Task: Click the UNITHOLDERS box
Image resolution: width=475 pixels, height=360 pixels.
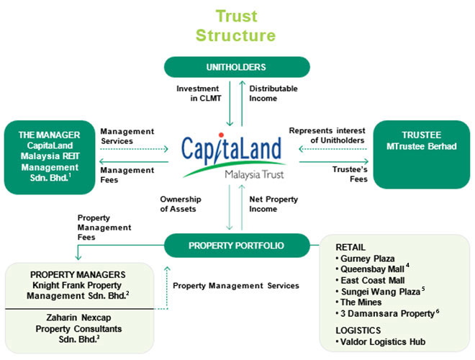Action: click(237, 67)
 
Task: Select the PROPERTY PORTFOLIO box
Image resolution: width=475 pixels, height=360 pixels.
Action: click(237, 246)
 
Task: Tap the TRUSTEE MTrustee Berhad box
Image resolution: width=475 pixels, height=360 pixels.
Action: click(421, 155)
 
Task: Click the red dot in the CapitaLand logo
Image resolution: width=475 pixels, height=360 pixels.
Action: click(221, 135)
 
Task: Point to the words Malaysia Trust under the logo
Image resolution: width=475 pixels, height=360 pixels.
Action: click(254, 175)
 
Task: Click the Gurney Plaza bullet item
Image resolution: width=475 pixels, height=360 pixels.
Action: click(365, 258)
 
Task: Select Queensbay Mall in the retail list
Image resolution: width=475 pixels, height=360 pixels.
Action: click(370, 269)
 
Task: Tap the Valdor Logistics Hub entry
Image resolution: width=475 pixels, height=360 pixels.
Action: click(381, 342)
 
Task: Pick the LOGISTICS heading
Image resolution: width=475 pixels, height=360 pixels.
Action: click(358, 330)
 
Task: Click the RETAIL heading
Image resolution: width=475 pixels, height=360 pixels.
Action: click(350, 247)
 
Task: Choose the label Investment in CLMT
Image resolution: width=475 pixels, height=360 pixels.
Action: click(199, 94)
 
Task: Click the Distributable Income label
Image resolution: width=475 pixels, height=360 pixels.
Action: click(273, 94)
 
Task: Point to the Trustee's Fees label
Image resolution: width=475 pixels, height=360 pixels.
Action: click(350, 174)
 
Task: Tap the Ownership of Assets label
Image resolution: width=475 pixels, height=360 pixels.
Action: click(181, 204)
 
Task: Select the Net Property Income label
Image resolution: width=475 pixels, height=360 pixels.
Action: click(273, 204)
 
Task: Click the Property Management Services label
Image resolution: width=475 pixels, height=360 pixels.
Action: click(235, 286)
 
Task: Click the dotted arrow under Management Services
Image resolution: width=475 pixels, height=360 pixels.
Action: click(134, 149)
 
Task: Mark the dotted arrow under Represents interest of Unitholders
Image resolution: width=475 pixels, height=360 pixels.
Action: click(333, 149)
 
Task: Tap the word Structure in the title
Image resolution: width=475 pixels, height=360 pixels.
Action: click(235, 35)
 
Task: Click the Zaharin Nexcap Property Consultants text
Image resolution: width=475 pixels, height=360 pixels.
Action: click(78, 328)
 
